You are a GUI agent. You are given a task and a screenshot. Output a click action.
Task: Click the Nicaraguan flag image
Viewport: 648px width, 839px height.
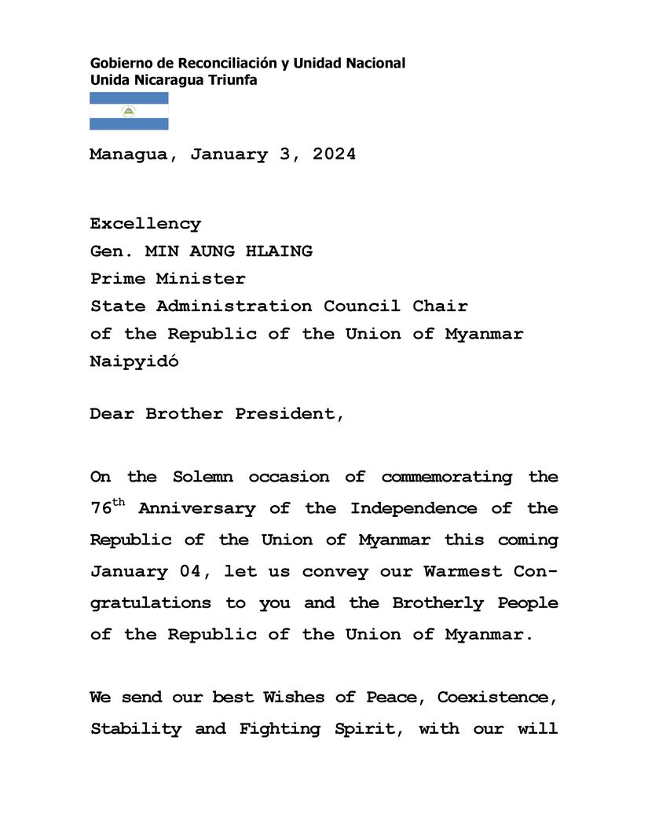click(129, 111)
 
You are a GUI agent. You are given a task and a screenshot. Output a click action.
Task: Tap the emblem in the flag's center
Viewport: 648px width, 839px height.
click(129, 111)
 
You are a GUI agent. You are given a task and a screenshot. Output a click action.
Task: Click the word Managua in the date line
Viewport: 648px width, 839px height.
click(128, 155)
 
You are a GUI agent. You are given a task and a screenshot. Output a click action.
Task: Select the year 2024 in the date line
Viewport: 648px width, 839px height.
click(334, 155)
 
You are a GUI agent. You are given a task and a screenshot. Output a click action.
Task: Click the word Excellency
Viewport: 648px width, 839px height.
click(145, 224)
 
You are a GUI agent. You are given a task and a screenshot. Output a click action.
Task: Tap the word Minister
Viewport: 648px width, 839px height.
click(200, 279)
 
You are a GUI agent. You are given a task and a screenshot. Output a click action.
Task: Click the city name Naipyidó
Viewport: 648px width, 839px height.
click(134, 362)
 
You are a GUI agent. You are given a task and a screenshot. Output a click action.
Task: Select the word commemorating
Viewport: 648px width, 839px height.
click(446, 477)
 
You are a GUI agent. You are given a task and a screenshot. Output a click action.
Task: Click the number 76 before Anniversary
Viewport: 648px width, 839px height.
click(101, 509)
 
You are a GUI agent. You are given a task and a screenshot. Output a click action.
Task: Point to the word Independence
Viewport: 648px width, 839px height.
click(413, 508)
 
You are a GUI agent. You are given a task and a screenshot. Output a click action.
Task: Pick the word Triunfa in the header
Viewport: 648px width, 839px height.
click(232, 80)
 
